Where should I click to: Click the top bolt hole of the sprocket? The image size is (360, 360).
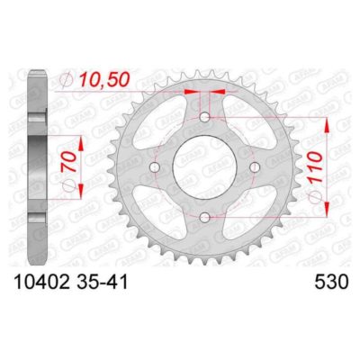(x=205, y=117)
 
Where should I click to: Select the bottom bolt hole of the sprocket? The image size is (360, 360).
(x=205, y=217)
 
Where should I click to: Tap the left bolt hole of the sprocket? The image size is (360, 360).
(x=155, y=167)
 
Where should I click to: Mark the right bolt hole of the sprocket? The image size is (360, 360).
(x=255, y=167)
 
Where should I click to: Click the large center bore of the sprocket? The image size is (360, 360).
(x=205, y=167)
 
